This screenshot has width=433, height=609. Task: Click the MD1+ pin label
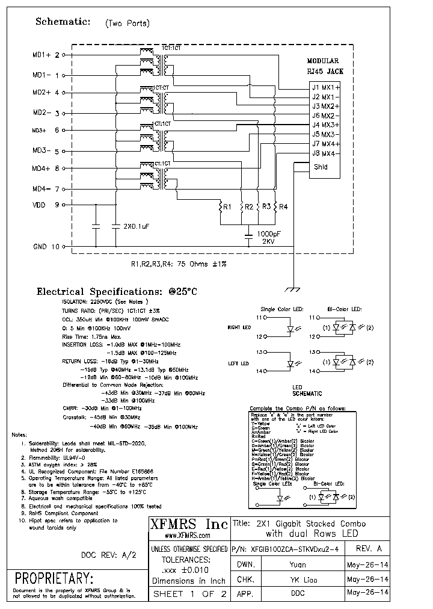[42, 55]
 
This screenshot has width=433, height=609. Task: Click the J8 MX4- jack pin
[325, 153]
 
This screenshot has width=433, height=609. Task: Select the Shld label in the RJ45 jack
[321, 167]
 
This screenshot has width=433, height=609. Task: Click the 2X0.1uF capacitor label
[136, 227]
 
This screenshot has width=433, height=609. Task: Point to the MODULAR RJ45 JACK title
[325, 66]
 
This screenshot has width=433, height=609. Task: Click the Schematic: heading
[63, 22]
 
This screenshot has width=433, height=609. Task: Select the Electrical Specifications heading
[117, 291]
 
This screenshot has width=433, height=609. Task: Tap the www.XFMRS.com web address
[188, 535]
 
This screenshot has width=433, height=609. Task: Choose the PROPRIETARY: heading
[54, 579]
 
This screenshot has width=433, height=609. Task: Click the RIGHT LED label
[239, 327]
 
